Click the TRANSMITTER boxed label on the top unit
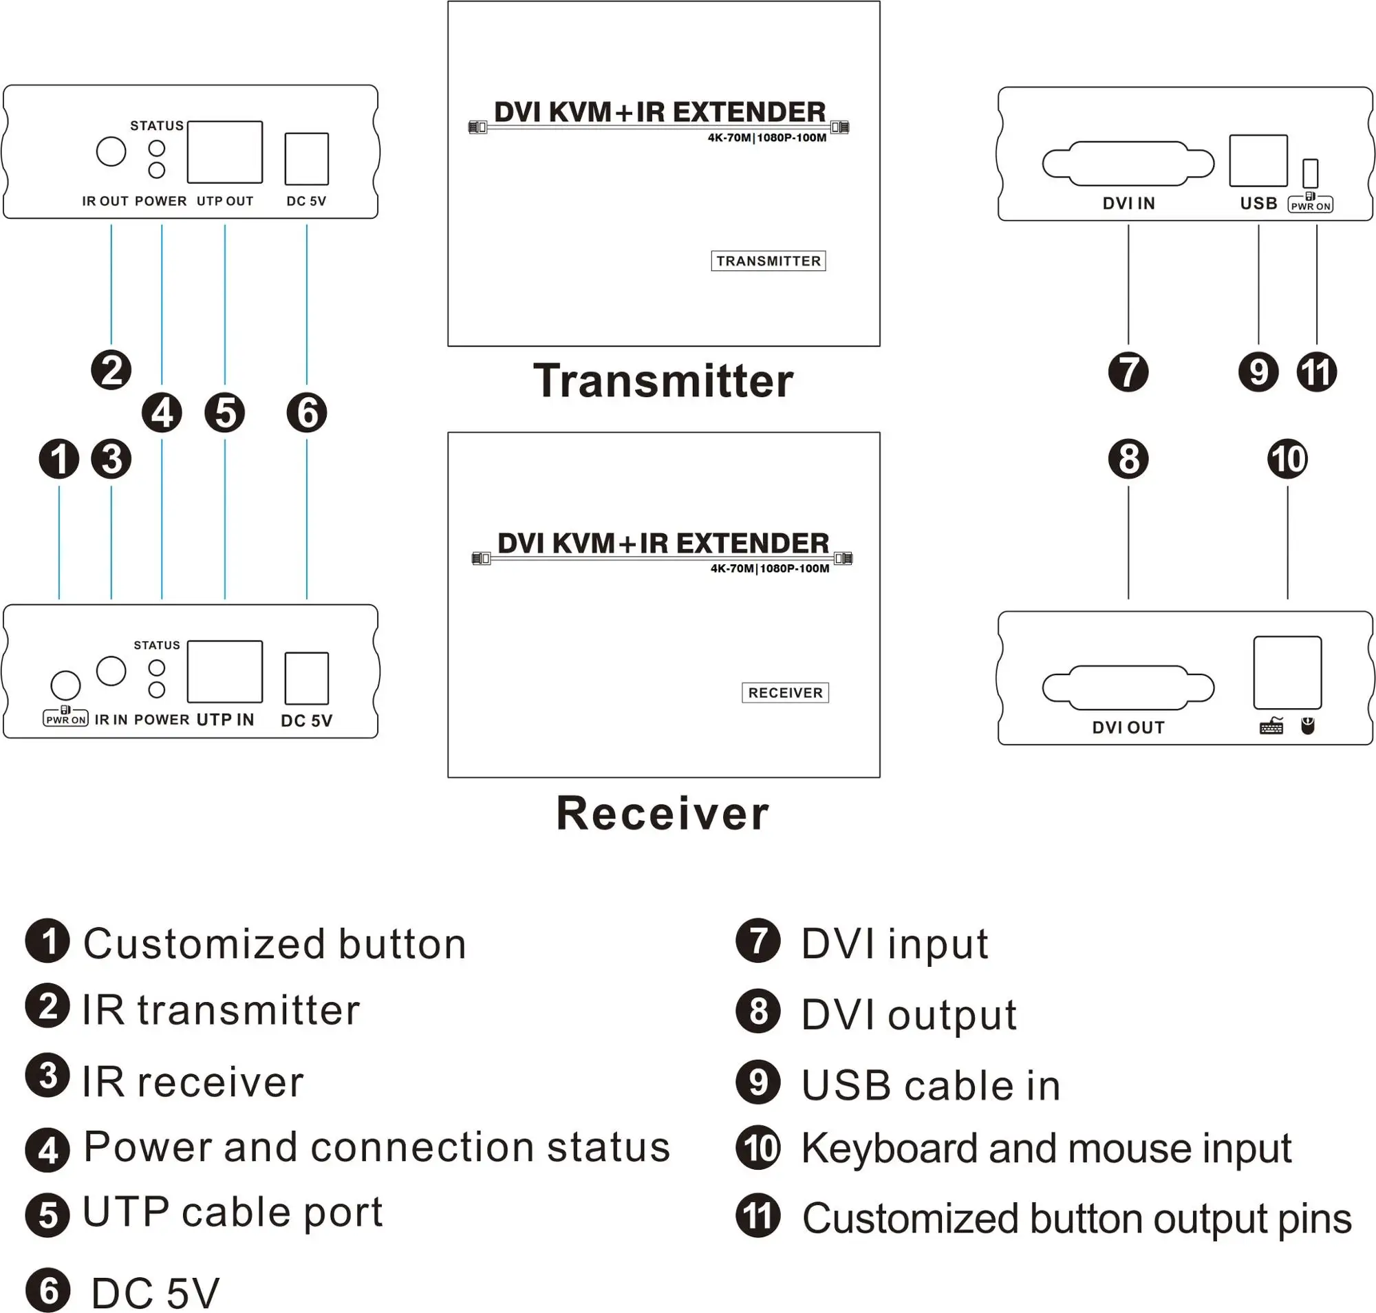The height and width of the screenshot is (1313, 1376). pos(768,261)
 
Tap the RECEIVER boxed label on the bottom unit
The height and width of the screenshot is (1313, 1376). pos(784,692)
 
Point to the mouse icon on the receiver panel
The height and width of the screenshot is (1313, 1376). pos(1307,726)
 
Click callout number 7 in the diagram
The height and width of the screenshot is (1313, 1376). pos(1128,372)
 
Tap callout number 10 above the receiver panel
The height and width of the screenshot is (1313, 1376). pos(1287,459)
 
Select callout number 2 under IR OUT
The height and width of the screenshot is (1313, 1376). pos(111,370)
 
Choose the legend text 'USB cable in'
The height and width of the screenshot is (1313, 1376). pos(930,1085)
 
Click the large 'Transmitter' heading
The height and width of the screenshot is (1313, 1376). pos(663,381)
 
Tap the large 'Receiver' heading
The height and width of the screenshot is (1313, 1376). pos(663,813)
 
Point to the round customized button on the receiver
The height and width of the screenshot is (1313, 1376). pos(66,685)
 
